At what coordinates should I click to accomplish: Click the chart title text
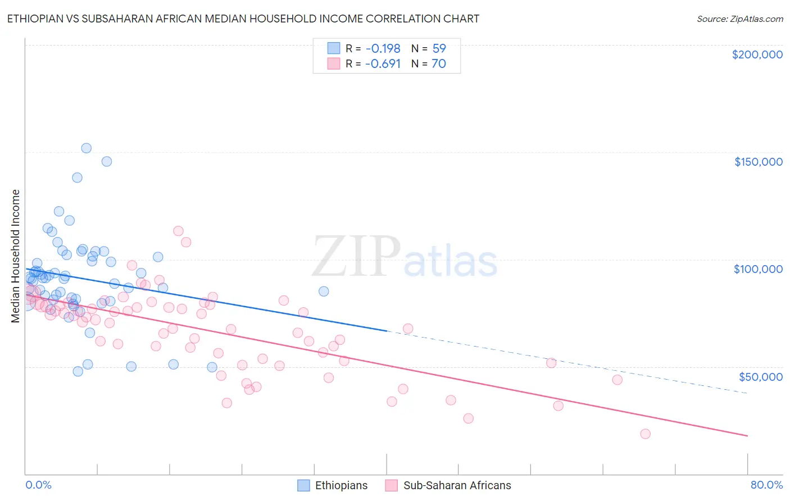243,19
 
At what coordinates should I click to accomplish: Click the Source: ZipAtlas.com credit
739,19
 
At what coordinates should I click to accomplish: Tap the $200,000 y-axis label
757,54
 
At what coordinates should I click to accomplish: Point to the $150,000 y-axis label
758,162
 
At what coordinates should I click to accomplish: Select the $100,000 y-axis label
758,269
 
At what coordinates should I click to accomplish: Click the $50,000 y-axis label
760,376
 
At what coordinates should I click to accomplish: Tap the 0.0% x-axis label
38,485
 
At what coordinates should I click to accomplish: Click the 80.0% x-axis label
766,485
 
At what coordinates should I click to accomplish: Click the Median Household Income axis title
15,256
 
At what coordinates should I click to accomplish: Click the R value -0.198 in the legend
382,49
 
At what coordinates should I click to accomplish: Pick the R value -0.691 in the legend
382,64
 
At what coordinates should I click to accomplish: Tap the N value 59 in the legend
439,49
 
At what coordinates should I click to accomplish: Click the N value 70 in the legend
439,64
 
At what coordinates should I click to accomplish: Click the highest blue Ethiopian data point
87,148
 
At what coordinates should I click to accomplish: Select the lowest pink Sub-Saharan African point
645,434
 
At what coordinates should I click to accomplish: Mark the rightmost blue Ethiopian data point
324,291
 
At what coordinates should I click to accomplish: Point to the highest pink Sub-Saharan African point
178,231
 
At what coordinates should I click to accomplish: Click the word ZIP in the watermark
356,256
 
